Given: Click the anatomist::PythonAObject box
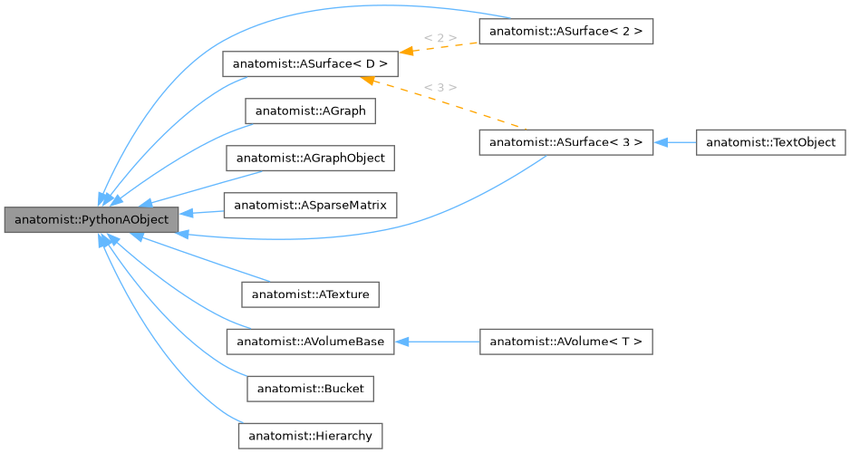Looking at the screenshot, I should pyautogui.click(x=91, y=220).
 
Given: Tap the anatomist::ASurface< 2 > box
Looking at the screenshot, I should pyautogui.click(x=565, y=32).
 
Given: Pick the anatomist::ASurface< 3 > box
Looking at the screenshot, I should pyautogui.click(x=565, y=142).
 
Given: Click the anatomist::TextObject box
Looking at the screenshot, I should pyautogui.click(x=770, y=142).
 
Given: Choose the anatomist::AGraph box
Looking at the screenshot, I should pyautogui.click(x=310, y=111).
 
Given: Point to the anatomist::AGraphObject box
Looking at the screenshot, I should pyautogui.click(x=310, y=158).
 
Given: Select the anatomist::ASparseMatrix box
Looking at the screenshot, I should pyautogui.click(x=310, y=206).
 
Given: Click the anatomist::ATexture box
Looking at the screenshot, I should pyautogui.click(x=310, y=294).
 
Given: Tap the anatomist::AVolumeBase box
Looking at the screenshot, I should pyautogui.click(x=310, y=342).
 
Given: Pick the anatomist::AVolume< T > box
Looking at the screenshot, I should pyautogui.click(x=565, y=342).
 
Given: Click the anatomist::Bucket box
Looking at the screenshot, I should pyautogui.click(x=310, y=389).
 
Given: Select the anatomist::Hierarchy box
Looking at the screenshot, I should pyautogui.click(x=310, y=436).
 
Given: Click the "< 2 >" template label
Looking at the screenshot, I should pyautogui.click(x=439, y=38).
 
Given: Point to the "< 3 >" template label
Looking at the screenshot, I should pyautogui.click(x=439, y=87).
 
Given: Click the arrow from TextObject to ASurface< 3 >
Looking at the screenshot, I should pyautogui.click(x=675, y=142).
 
